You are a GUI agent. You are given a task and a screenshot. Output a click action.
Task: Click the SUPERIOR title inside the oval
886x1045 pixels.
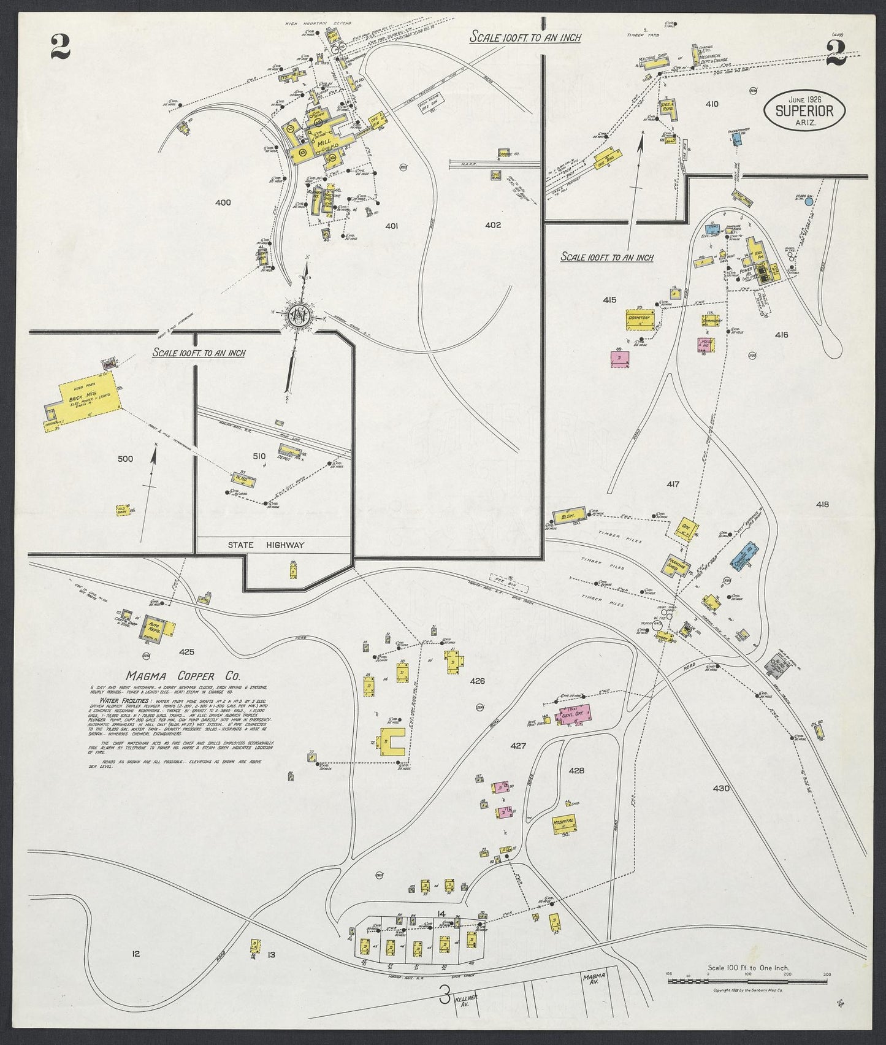click(804, 111)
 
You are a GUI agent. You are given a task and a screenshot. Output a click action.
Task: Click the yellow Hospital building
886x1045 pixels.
click(562, 822)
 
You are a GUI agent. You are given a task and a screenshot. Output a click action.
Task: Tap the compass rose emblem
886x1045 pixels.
click(300, 315)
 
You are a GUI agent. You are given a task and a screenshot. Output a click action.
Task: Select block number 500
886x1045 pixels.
click(125, 458)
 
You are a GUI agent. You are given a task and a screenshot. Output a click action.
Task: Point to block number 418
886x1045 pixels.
click(822, 505)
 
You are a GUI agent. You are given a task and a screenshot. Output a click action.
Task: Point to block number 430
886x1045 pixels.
click(721, 788)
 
